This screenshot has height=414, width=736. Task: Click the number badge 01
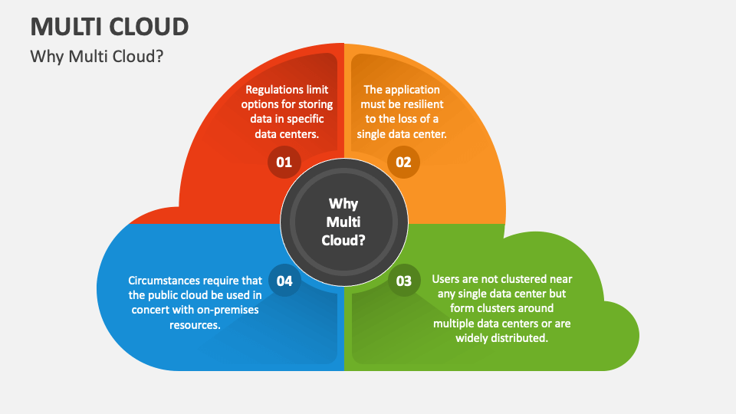click(x=284, y=162)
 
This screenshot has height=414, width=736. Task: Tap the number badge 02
click(x=403, y=162)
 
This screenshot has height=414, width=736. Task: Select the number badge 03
click(x=403, y=281)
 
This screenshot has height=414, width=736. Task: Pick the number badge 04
click(x=284, y=281)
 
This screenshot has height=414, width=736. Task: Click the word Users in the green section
click(x=446, y=279)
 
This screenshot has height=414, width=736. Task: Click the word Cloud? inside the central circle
click(x=343, y=240)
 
